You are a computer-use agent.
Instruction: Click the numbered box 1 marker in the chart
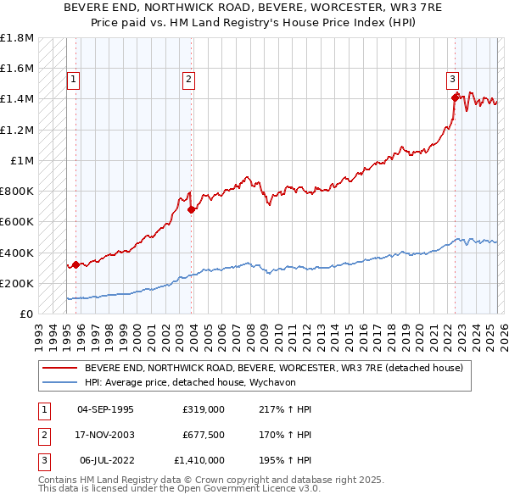(74, 81)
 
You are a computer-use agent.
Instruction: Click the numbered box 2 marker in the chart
(188, 81)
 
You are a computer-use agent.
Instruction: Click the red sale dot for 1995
(76, 264)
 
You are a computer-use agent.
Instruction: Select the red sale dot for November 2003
(192, 209)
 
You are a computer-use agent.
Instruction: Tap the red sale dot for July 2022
(456, 97)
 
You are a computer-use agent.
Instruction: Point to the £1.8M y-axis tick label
(17, 38)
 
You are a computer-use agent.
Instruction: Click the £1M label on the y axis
(21, 160)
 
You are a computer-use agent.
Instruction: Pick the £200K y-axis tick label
(17, 283)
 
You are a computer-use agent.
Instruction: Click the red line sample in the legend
(60, 369)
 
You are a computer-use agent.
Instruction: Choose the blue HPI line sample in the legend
(60, 382)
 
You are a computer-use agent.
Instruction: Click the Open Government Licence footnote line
(179, 488)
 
